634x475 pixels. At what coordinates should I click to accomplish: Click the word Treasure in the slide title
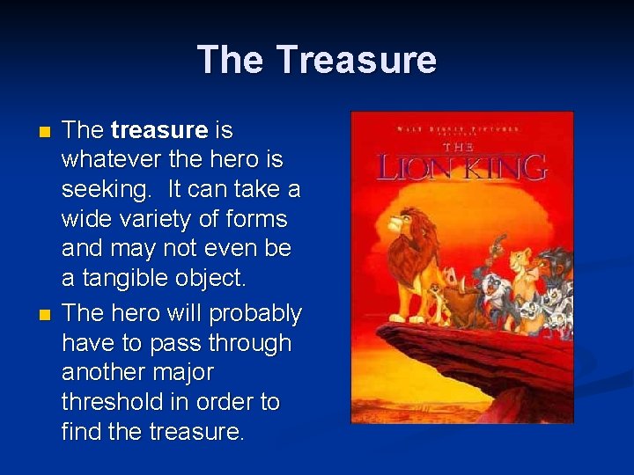click(356, 60)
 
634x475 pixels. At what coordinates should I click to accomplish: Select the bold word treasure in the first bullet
click(159, 131)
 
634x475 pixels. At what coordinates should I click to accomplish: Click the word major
click(183, 372)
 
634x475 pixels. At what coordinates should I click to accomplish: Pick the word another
click(104, 372)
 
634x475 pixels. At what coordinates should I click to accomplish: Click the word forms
click(256, 220)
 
